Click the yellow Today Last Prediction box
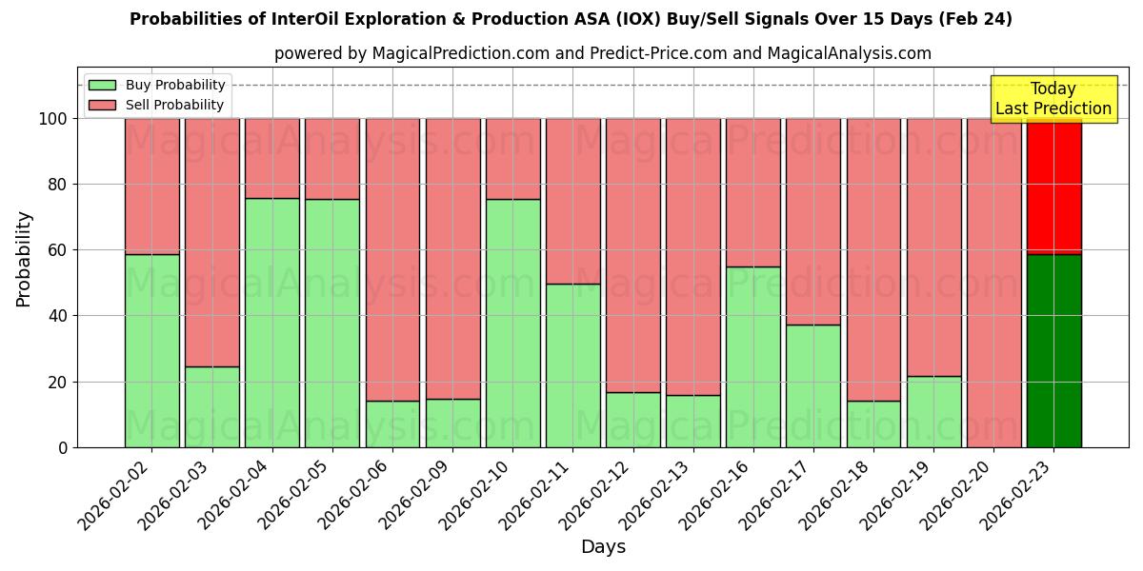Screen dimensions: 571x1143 click(x=1053, y=99)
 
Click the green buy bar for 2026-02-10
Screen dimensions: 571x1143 click(x=513, y=323)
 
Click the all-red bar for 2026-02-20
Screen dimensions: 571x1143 click(x=993, y=283)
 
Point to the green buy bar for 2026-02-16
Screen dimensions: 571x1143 click(x=753, y=356)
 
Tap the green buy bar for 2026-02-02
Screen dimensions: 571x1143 click(x=152, y=350)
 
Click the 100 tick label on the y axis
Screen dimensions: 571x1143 click(x=53, y=119)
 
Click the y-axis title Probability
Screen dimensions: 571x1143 click(x=24, y=258)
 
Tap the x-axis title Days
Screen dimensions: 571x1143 click(x=602, y=547)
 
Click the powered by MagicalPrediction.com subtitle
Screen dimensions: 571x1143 click(x=602, y=53)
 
